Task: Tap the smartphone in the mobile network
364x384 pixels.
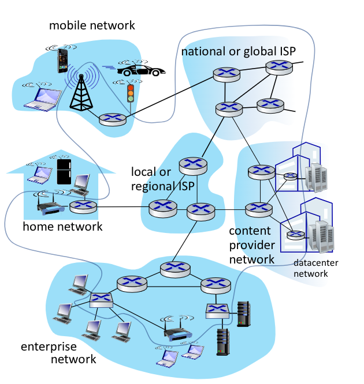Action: (x=62, y=61)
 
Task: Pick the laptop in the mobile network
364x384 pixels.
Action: (x=42, y=99)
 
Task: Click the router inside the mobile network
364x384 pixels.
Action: (x=112, y=119)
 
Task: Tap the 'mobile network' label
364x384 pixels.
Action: (x=92, y=25)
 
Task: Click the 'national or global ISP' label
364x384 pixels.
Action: (x=239, y=51)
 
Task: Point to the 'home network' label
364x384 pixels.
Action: (x=62, y=226)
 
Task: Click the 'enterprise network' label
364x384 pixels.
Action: (x=58, y=353)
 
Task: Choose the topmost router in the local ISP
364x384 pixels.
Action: (x=192, y=166)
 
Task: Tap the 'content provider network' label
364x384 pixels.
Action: (x=252, y=245)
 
